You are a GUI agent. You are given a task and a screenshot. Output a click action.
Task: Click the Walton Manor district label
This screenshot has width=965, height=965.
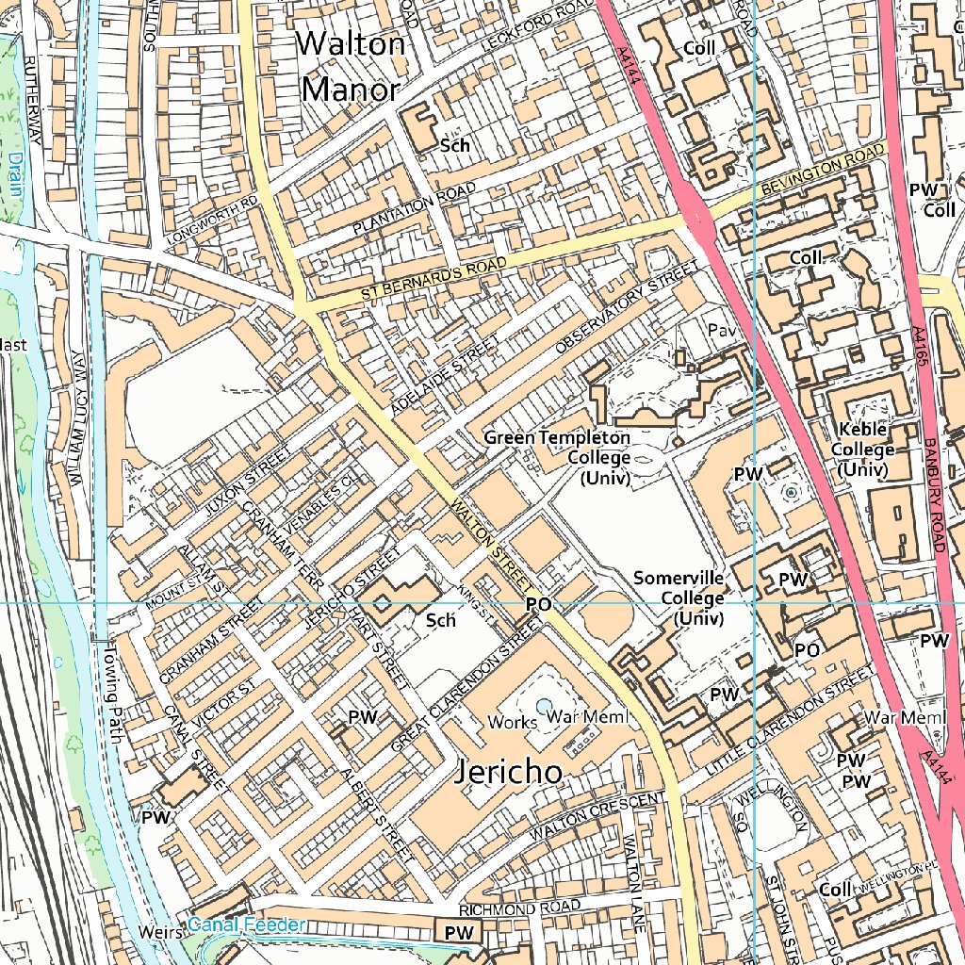352,66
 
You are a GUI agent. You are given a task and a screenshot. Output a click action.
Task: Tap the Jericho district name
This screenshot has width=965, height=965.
509,772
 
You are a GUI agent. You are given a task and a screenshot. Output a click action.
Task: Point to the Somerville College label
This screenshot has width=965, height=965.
679,597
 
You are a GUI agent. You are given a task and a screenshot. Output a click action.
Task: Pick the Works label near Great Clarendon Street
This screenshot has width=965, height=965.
512,722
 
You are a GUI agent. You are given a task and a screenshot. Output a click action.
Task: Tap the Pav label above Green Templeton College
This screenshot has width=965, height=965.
720,332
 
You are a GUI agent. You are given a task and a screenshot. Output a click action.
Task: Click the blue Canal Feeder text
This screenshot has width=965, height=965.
246,925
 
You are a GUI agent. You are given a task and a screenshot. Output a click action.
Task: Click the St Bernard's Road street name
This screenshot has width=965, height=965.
433,280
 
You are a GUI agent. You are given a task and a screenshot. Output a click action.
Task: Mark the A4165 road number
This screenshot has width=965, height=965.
920,353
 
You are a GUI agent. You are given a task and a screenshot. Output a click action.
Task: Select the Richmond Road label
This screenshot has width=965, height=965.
519,908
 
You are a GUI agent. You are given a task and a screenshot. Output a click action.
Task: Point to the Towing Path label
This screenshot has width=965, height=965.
113,694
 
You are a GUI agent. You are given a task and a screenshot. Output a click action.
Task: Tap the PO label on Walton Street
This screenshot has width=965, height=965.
537,604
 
